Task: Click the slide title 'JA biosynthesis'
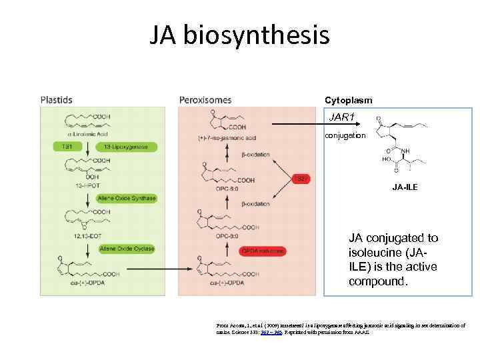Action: [x=239, y=35]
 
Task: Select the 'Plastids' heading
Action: [x=57, y=100]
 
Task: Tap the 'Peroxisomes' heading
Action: [x=205, y=100]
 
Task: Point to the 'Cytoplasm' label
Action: [x=348, y=100]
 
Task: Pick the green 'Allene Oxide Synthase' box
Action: [x=127, y=198]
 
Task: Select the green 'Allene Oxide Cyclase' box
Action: [x=126, y=249]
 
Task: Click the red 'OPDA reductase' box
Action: [x=263, y=251]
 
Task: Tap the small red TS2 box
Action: [x=301, y=178]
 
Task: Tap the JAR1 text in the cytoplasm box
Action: [x=342, y=118]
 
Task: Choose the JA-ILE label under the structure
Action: [x=405, y=187]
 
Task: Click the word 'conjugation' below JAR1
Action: [x=345, y=135]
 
